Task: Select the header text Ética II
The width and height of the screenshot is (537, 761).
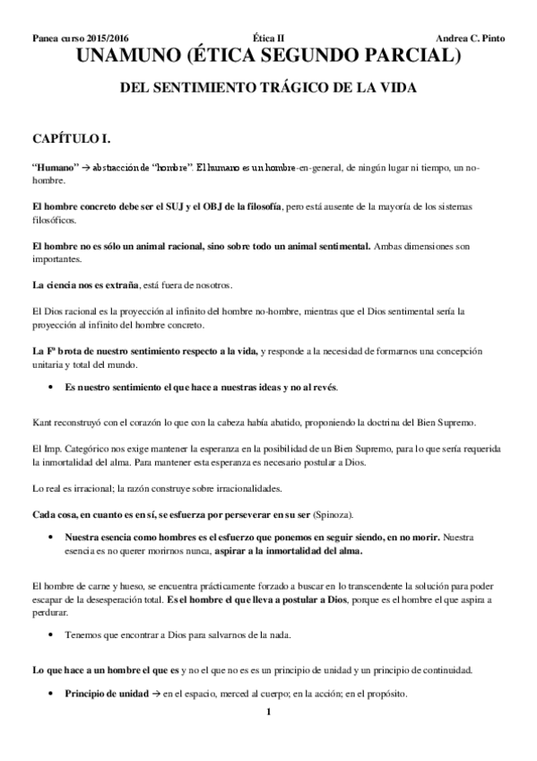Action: pyautogui.click(x=265, y=39)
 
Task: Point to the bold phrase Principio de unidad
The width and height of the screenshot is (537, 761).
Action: pyautogui.click(x=104, y=695)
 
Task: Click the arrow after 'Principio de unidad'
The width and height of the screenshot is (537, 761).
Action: pyautogui.click(x=156, y=695)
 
